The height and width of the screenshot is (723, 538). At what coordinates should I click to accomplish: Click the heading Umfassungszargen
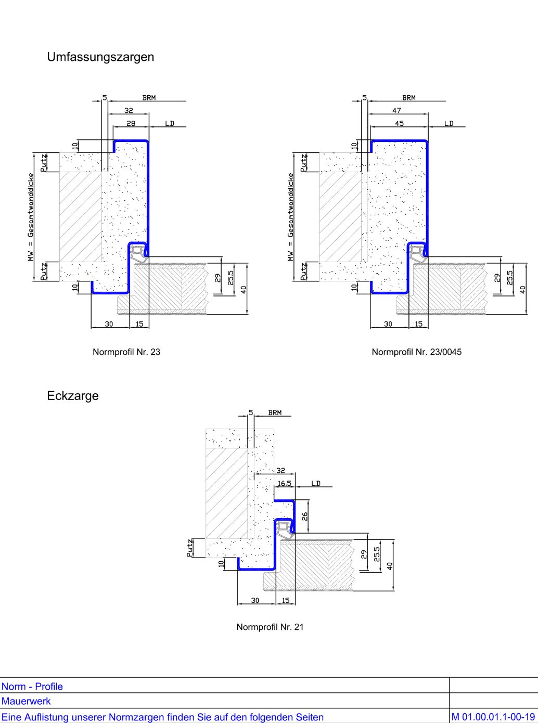pyautogui.click(x=100, y=57)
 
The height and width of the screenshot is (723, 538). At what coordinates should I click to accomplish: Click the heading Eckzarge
pyautogui.click(x=73, y=396)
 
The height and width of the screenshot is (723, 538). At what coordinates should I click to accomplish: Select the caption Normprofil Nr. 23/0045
pyautogui.click(x=416, y=352)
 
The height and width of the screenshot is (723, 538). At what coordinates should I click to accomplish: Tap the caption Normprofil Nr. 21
pyautogui.click(x=270, y=627)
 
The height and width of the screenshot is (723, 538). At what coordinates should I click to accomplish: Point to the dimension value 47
pyautogui.click(x=397, y=110)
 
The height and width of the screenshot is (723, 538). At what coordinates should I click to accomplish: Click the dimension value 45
pyautogui.click(x=399, y=123)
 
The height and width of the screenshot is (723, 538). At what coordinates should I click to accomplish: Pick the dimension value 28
pyautogui.click(x=131, y=123)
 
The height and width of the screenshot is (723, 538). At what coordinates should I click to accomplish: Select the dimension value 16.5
pyautogui.click(x=284, y=483)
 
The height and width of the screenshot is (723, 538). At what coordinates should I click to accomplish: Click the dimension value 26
pyautogui.click(x=305, y=516)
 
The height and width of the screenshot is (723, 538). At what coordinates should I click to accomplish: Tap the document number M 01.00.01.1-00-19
pyautogui.click(x=493, y=717)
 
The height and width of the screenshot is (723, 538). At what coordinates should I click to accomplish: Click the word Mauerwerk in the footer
pyautogui.click(x=26, y=701)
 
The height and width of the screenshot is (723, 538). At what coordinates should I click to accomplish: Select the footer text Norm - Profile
pyautogui.click(x=32, y=687)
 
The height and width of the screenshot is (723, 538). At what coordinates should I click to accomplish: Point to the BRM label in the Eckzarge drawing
pyautogui.click(x=275, y=412)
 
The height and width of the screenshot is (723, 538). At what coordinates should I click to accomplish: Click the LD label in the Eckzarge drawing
pyautogui.click(x=316, y=483)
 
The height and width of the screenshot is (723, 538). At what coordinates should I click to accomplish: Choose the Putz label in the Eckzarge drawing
pyautogui.click(x=190, y=548)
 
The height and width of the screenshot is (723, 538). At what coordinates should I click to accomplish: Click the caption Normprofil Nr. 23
pyautogui.click(x=126, y=352)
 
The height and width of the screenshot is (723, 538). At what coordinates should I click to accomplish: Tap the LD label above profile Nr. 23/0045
pyautogui.click(x=449, y=123)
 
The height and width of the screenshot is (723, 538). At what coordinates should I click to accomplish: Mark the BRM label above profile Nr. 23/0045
pyautogui.click(x=409, y=97)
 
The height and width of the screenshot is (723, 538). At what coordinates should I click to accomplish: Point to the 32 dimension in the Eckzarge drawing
pyautogui.click(x=280, y=470)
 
